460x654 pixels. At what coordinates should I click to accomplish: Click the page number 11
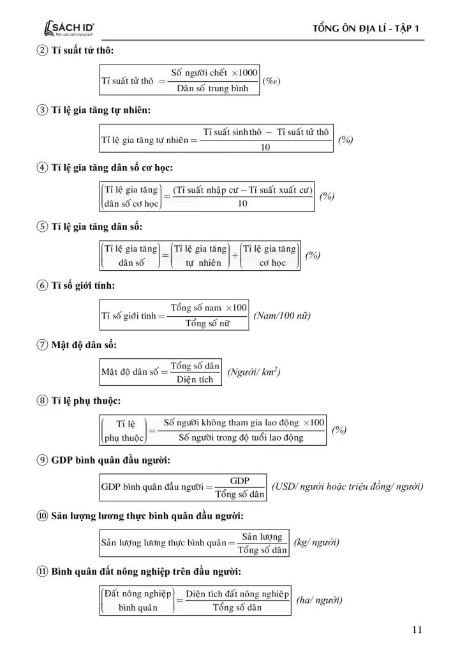417,630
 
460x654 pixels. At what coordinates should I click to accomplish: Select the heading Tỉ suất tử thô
82,50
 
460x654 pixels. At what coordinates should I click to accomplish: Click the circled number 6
42,285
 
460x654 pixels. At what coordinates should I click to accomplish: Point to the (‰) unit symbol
272,81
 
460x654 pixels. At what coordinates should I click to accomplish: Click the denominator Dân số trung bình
212,89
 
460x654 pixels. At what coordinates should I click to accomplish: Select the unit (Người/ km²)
254,372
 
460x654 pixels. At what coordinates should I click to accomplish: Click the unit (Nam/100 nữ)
282,316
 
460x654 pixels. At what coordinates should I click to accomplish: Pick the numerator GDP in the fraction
239,481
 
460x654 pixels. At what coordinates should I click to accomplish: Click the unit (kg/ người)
316,543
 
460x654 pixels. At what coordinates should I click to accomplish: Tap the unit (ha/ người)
319,600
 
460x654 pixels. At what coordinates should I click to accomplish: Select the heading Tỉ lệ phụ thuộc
85,401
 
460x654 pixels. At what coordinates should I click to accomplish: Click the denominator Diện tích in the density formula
195,379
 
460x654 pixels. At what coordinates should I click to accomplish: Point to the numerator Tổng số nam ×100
208,308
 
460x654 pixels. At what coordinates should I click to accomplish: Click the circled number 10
42,516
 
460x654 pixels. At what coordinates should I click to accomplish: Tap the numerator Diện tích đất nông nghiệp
237,593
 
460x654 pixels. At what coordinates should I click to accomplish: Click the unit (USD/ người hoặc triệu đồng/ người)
347,487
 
